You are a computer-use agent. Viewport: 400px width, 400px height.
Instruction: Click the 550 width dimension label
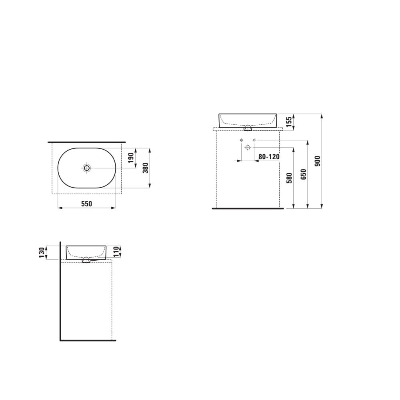coord(87,204)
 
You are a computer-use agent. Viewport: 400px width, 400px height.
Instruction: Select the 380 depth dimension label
coord(146,168)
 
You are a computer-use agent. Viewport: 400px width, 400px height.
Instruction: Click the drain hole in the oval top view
coord(87,168)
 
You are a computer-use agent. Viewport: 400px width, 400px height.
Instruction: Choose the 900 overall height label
coord(318,161)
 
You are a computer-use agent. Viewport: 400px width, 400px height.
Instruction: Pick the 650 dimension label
coord(303,175)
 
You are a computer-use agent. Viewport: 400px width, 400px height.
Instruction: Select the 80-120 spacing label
coord(269,157)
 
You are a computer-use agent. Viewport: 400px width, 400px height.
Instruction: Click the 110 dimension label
coord(116,252)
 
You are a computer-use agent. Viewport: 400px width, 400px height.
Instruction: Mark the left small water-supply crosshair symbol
coord(241,140)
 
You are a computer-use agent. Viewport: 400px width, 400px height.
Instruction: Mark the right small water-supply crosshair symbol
coord(254,140)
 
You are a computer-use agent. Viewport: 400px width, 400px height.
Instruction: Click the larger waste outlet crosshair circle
coord(248,148)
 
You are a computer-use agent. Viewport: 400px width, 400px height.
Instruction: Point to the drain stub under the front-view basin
coord(248,129)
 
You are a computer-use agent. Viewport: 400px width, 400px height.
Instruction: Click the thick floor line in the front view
coord(248,208)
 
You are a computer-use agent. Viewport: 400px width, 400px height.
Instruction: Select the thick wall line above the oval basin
coord(87,142)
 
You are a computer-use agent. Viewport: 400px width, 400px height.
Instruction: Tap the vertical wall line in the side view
coord(60,292)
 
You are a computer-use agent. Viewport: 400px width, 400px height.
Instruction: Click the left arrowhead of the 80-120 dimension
coord(239,161)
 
